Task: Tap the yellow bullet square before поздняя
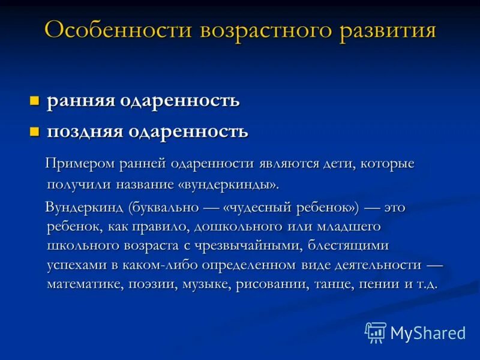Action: click(x=35, y=130)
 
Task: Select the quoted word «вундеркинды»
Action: click(x=229, y=182)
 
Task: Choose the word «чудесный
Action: click(x=254, y=208)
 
